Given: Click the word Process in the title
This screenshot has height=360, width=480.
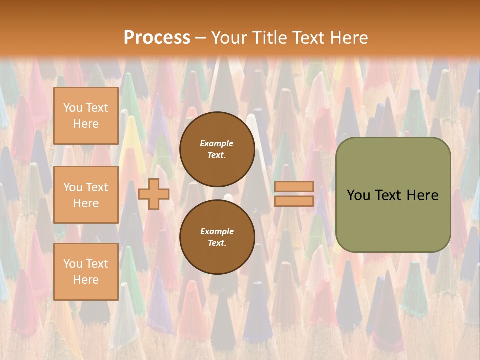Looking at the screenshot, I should [x=157, y=38].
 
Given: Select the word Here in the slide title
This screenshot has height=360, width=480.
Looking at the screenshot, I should [x=348, y=38].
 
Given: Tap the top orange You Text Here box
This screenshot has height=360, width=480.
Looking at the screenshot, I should [x=86, y=116].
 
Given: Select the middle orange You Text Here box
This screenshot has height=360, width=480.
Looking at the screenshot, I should [x=86, y=195].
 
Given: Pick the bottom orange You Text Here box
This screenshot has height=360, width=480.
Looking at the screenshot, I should [x=86, y=271].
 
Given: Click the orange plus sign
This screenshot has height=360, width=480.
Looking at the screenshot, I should [x=153, y=194].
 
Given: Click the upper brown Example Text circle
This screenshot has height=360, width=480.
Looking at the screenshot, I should [x=217, y=149].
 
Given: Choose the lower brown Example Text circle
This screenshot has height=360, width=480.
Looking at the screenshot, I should [x=217, y=237].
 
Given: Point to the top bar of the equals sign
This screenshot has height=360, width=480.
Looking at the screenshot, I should [x=294, y=186].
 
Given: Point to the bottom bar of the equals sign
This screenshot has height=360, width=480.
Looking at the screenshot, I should [x=294, y=201].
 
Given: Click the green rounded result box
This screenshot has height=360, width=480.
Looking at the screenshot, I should [x=393, y=220].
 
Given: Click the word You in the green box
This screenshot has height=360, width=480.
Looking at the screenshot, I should [x=358, y=195].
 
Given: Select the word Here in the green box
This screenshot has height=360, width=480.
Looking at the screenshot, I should [x=422, y=195].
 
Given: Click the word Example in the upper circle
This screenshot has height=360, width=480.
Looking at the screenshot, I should [x=216, y=143].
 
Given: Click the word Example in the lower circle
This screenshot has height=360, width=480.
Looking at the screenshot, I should [x=216, y=231].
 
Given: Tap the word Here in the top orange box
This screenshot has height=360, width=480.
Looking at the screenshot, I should [x=86, y=124].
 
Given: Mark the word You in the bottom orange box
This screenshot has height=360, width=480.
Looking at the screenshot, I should [x=73, y=264].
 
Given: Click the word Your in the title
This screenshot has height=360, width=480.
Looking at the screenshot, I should [x=227, y=38].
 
